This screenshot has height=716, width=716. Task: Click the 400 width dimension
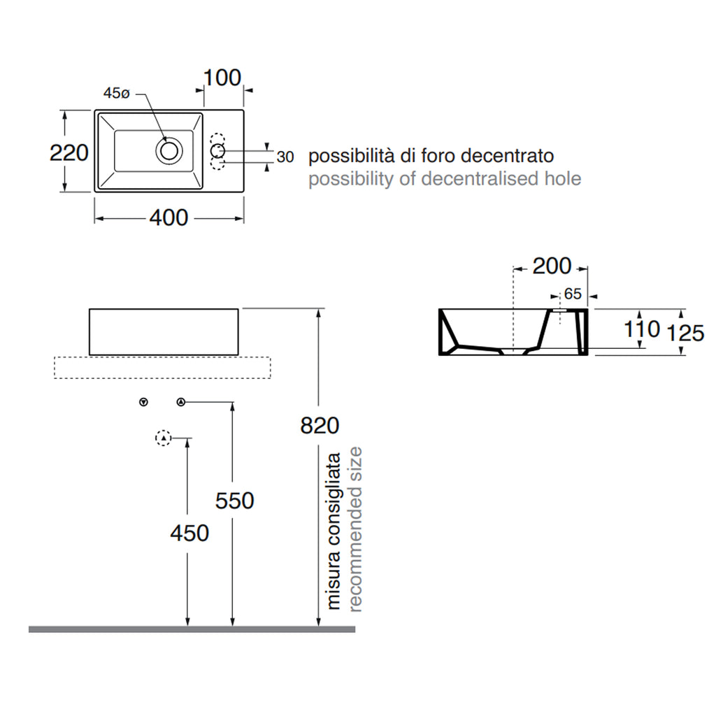[x=169, y=218]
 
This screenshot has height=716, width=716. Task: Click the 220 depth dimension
[x=69, y=152]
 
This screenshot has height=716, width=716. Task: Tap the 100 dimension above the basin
[x=222, y=78]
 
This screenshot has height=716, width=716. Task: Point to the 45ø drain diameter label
[x=117, y=93]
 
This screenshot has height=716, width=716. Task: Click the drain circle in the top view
[x=169, y=150]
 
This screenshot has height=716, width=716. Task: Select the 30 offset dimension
[x=285, y=157]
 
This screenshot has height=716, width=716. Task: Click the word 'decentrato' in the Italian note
[x=508, y=156]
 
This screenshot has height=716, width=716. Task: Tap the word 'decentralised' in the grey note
[x=480, y=178]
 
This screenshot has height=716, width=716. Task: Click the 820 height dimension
[x=320, y=426]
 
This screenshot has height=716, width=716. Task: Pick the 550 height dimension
[x=235, y=501]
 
